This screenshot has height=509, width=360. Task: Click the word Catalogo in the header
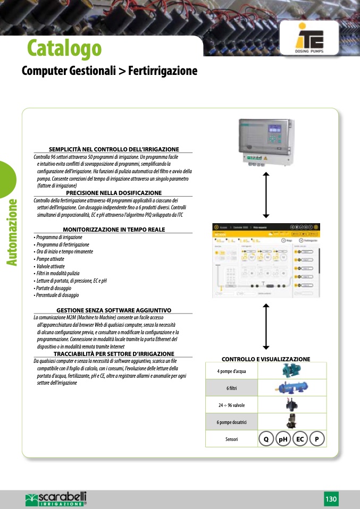pyautogui.click(x=64, y=48)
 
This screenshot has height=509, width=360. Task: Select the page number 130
pyautogui.click(x=331, y=499)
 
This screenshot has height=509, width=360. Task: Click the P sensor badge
pyautogui.click(x=317, y=439)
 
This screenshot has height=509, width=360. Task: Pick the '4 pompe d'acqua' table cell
pyautogui.click(x=231, y=371)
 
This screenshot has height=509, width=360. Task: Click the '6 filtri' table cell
pyautogui.click(x=231, y=388)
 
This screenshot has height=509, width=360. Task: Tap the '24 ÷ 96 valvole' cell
pyautogui.click(x=231, y=405)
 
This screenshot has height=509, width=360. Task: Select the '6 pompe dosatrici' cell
pyautogui.click(x=231, y=422)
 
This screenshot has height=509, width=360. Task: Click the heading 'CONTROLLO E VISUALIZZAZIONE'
pyautogui.click(x=266, y=359)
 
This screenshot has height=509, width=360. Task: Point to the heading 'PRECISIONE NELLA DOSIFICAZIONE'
pyautogui.click(x=114, y=192)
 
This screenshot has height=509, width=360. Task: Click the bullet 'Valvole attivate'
pyautogui.click(x=50, y=266)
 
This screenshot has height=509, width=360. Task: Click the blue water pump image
pyautogui.click(x=292, y=371)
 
